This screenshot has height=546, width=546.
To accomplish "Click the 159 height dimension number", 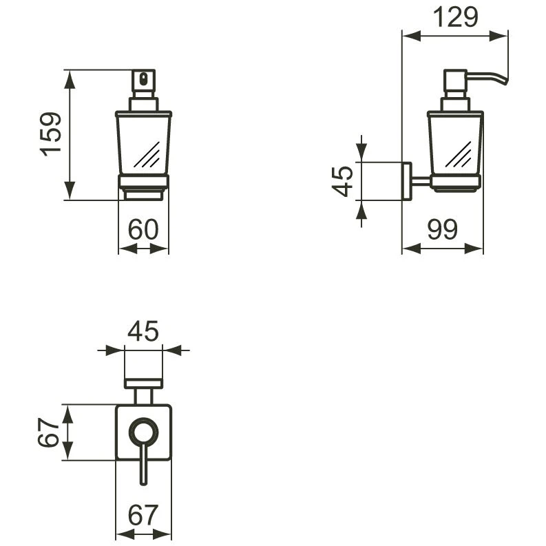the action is (x=51, y=134).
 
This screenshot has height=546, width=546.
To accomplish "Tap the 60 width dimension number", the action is (x=143, y=229).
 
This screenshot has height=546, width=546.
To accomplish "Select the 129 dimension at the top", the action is (x=455, y=17).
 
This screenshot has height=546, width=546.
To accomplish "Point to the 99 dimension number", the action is (x=442, y=229).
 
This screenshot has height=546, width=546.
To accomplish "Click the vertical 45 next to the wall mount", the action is (x=342, y=181).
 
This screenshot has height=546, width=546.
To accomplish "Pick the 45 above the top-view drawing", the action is (x=143, y=331).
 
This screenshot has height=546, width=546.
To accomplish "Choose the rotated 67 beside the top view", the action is (x=49, y=432).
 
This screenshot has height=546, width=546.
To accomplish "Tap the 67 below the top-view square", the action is (x=143, y=514).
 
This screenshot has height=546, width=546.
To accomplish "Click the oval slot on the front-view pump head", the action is (x=143, y=78).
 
